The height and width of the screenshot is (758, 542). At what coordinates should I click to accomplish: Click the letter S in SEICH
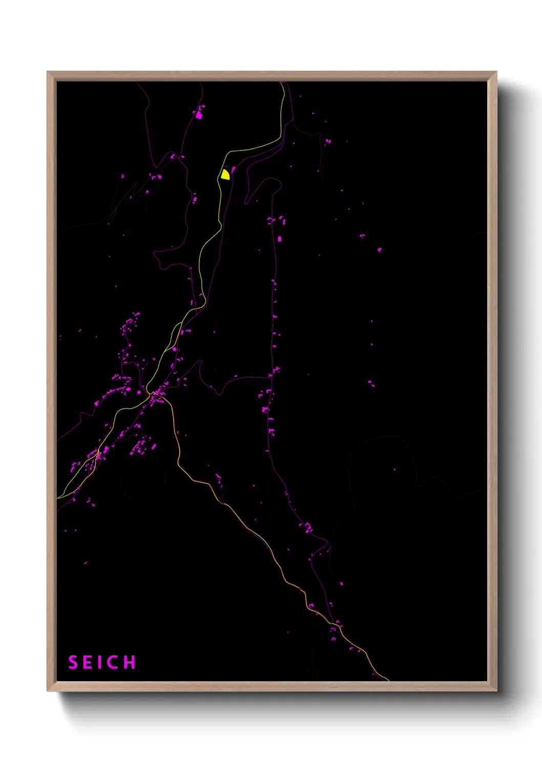click(x=73, y=662)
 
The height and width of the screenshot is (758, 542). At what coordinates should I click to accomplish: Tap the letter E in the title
click(x=88, y=662)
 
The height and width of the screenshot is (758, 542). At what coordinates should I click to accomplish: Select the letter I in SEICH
click(x=100, y=662)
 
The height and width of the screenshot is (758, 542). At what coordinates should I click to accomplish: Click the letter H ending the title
click(x=130, y=662)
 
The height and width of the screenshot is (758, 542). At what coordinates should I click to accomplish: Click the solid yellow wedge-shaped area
click(x=225, y=175)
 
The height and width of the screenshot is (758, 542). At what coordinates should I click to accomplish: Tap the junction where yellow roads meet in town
click(x=153, y=393)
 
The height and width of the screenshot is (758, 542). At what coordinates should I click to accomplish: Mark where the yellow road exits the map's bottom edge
click(x=388, y=680)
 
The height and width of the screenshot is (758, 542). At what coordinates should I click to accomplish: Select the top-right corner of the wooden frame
click(x=496, y=72)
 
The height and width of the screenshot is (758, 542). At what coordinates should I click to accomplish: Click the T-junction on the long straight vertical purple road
click(x=271, y=377)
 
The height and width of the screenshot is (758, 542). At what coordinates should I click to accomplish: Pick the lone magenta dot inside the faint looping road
click(x=394, y=470)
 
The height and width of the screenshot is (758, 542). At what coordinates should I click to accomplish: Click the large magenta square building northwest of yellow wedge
click(x=199, y=115)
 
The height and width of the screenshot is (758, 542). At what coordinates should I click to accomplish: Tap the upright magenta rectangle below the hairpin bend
click(x=279, y=239)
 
